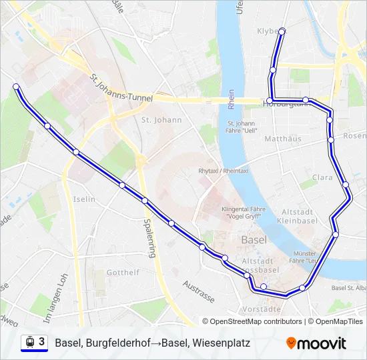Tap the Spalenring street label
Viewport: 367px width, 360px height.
(x=151, y=238)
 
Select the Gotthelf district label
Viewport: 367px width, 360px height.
(x=123, y=273)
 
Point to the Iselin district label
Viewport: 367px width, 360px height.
(x=84, y=199)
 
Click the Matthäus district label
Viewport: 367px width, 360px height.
(x=283, y=139)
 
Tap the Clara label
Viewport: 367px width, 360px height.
(x=322, y=178)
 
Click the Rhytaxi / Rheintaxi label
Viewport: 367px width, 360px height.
(x=223, y=171)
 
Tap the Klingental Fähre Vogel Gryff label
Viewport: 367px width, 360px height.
(x=243, y=213)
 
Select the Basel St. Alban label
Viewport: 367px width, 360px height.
(x=348, y=288)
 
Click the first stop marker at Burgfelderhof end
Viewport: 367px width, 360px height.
(x=16, y=87)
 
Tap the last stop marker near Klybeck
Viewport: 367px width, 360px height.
(x=282, y=31)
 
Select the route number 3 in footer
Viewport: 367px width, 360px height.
(x=42, y=341)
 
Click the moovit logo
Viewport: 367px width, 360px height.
(x=316, y=343)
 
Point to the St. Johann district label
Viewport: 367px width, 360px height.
(x=161, y=120)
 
